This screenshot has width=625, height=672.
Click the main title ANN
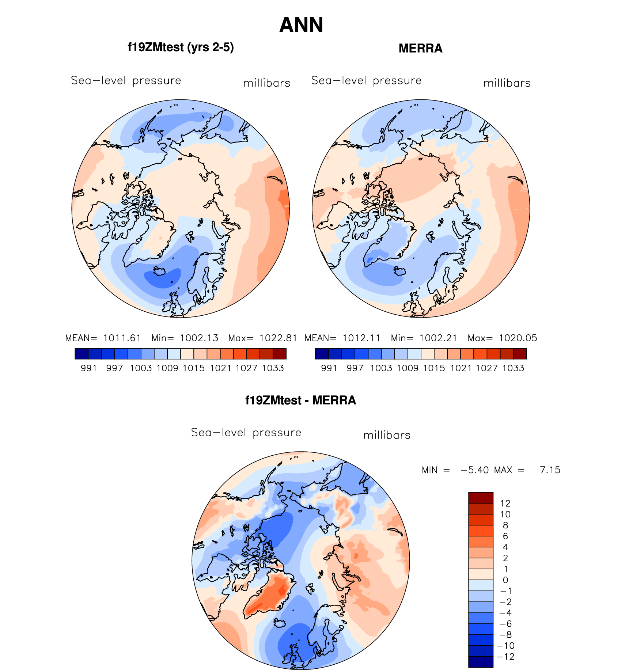point(301,25)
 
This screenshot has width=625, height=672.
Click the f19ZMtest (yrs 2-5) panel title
point(181,48)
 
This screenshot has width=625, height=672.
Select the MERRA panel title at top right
point(420,48)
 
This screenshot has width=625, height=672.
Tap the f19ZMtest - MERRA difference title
point(300,400)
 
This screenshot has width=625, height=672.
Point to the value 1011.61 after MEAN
point(122,338)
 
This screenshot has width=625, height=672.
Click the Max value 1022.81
point(278,338)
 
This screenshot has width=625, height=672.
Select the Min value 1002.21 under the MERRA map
point(438,338)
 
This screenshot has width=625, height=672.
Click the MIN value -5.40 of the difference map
point(475,470)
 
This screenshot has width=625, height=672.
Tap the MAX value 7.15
point(550,470)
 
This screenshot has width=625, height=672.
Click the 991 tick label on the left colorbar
point(88,368)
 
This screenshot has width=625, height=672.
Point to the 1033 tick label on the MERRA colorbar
point(513,368)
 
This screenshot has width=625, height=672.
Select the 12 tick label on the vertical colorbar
point(505,503)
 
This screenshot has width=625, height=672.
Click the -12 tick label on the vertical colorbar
point(506,657)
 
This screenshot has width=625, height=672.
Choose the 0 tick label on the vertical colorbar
point(505,580)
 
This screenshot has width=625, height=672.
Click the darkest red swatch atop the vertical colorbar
point(481,498)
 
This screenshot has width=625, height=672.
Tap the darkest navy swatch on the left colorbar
point(82,354)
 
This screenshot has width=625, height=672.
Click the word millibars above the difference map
point(387,435)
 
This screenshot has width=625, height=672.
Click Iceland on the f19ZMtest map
point(160,271)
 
